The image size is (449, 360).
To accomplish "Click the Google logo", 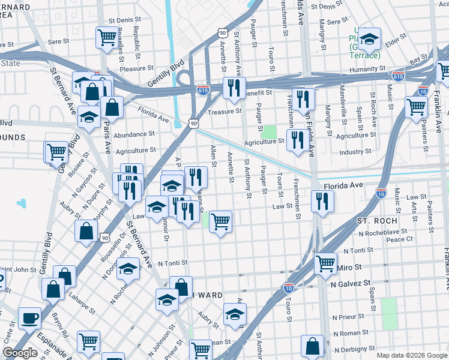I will point(19,353).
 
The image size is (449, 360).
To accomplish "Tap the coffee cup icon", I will point(29,318).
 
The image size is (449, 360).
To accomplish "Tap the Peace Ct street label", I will point(400,239).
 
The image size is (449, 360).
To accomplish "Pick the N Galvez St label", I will point(354,283).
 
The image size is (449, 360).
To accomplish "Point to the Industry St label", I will point(352,152).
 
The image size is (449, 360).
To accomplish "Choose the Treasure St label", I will point(224,111).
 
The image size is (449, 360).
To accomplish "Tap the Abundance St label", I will point(134,134).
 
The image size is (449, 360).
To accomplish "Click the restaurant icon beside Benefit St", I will point(232,88).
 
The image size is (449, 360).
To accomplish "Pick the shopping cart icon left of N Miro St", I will point(325,262).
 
